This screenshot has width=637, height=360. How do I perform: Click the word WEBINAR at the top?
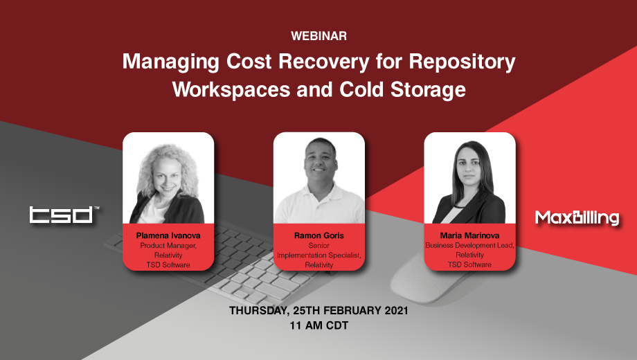click(x=318, y=35)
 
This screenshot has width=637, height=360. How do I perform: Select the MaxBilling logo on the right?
click(x=577, y=218)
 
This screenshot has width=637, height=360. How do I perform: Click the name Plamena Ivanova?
click(x=168, y=235)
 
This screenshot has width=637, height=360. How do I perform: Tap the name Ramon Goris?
click(x=318, y=235)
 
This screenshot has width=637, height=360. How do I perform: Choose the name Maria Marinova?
click(x=469, y=235)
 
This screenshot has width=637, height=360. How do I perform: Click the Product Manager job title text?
click(x=168, y=245)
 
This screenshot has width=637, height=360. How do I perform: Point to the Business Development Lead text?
click(x=469, y=245)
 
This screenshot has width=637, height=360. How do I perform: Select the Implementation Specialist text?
click(x=318, y=255)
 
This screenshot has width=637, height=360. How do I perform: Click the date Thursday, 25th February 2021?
click(x=318, y=311)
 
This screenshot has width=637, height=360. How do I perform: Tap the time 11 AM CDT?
click(x=318, y=325)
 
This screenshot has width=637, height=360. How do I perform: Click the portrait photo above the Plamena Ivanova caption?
click(x=168, y=179)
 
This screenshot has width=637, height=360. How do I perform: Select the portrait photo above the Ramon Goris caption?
click(x=318, y=179)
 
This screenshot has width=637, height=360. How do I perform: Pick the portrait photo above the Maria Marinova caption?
click(x=469, y=179)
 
